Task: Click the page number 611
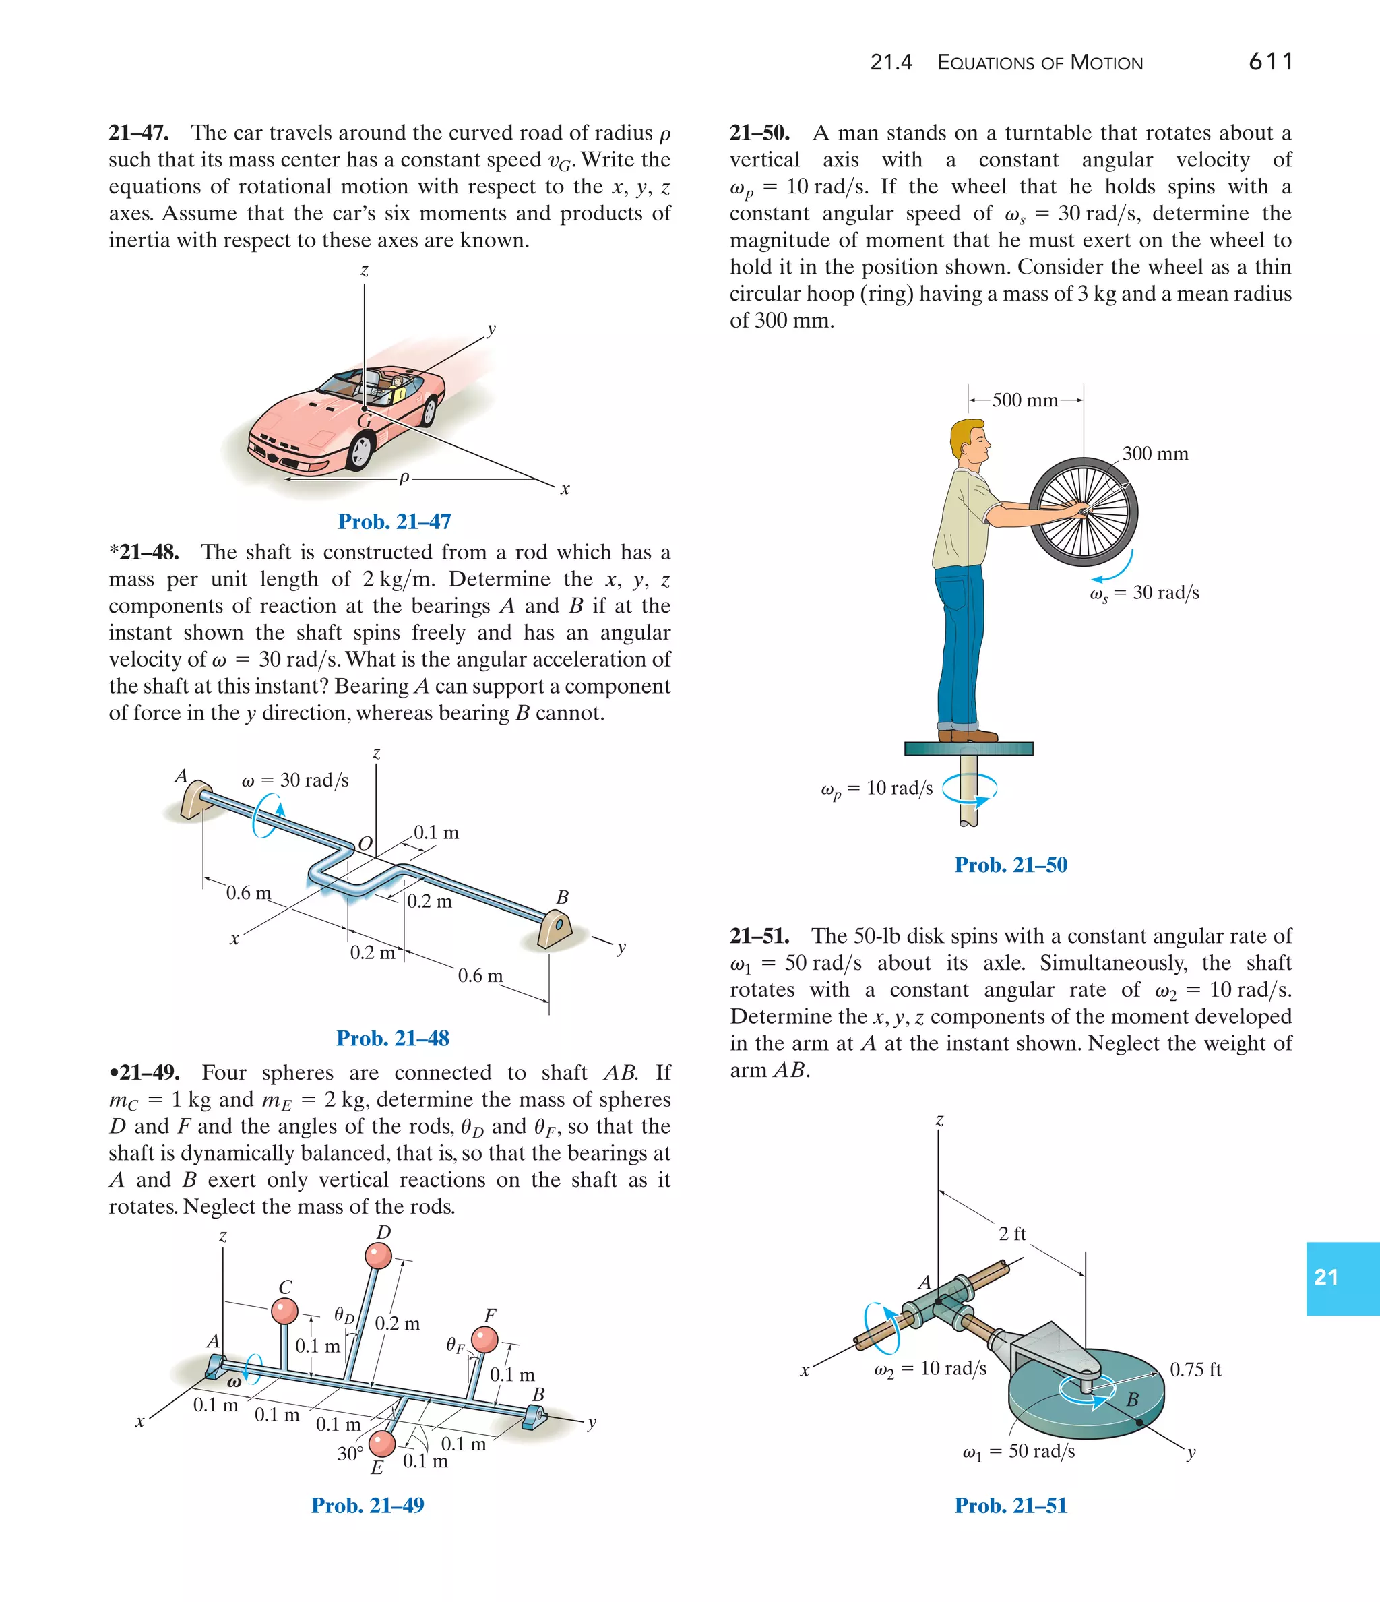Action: [1270, 61]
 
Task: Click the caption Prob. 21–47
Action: [394, 521]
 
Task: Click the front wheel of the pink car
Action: [360, 450]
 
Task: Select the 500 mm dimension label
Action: [1024, 400]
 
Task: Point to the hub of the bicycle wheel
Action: [1084, 511]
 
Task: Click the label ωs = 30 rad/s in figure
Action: [1144, 593]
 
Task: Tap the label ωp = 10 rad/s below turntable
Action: [877, 789]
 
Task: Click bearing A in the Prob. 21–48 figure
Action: [193, 799]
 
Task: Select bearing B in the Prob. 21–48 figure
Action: [557, 928]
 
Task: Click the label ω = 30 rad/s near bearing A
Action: [294, 780]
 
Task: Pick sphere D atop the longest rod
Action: [378, 1256]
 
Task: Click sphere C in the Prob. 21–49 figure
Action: [284, 1311]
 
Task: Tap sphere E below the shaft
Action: [382, 1443]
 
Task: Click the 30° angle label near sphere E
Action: [350, 1454]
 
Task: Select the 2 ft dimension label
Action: [1011, 1233]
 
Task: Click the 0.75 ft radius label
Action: [1195, 1369]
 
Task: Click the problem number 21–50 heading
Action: [759, 133]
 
